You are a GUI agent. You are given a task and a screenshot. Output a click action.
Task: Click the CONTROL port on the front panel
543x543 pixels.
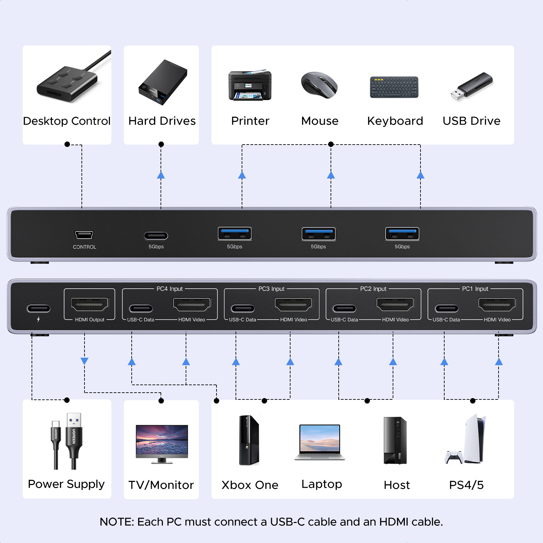[x=84, y=235]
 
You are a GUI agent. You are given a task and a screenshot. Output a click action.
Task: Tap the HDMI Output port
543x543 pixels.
[x=90, y=304]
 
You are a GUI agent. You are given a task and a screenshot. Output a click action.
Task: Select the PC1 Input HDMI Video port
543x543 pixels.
[x=497, y=304]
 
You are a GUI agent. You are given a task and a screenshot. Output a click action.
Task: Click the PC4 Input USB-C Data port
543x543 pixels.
[x=141, y=308]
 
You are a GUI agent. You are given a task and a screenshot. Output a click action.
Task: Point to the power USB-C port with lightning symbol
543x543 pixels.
[x=38, y=308]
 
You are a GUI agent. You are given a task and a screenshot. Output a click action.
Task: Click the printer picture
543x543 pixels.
[x=250, y=86]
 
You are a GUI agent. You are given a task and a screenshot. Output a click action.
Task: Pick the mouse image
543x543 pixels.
[x=319, y=85]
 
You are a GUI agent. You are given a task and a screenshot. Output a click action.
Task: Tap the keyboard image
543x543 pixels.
[x=394, y=87]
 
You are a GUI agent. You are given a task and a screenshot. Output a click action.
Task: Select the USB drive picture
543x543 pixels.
[x=471, y=86]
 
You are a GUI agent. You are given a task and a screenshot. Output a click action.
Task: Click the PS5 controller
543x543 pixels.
[x=454, y=457]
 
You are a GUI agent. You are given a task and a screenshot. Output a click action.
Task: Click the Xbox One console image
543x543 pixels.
[x=249, y=440]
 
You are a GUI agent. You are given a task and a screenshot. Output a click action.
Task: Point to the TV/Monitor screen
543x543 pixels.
[x=162, y=441]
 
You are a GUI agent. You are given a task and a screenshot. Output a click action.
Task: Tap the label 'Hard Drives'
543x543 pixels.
[x=162, y=121]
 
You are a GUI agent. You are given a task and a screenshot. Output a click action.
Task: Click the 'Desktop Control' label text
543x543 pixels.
[x=67, y=121]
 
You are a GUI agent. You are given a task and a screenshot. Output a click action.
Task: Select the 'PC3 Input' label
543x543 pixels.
[x=271, y=289]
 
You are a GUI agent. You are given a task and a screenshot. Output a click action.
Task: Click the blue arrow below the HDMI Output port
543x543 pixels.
[x=85, y=361]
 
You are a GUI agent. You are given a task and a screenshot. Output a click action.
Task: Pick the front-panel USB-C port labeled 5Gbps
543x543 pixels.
[x=156, y=236]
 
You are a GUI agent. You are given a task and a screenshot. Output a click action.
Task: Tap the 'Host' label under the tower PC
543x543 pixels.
[x=397, y=485]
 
